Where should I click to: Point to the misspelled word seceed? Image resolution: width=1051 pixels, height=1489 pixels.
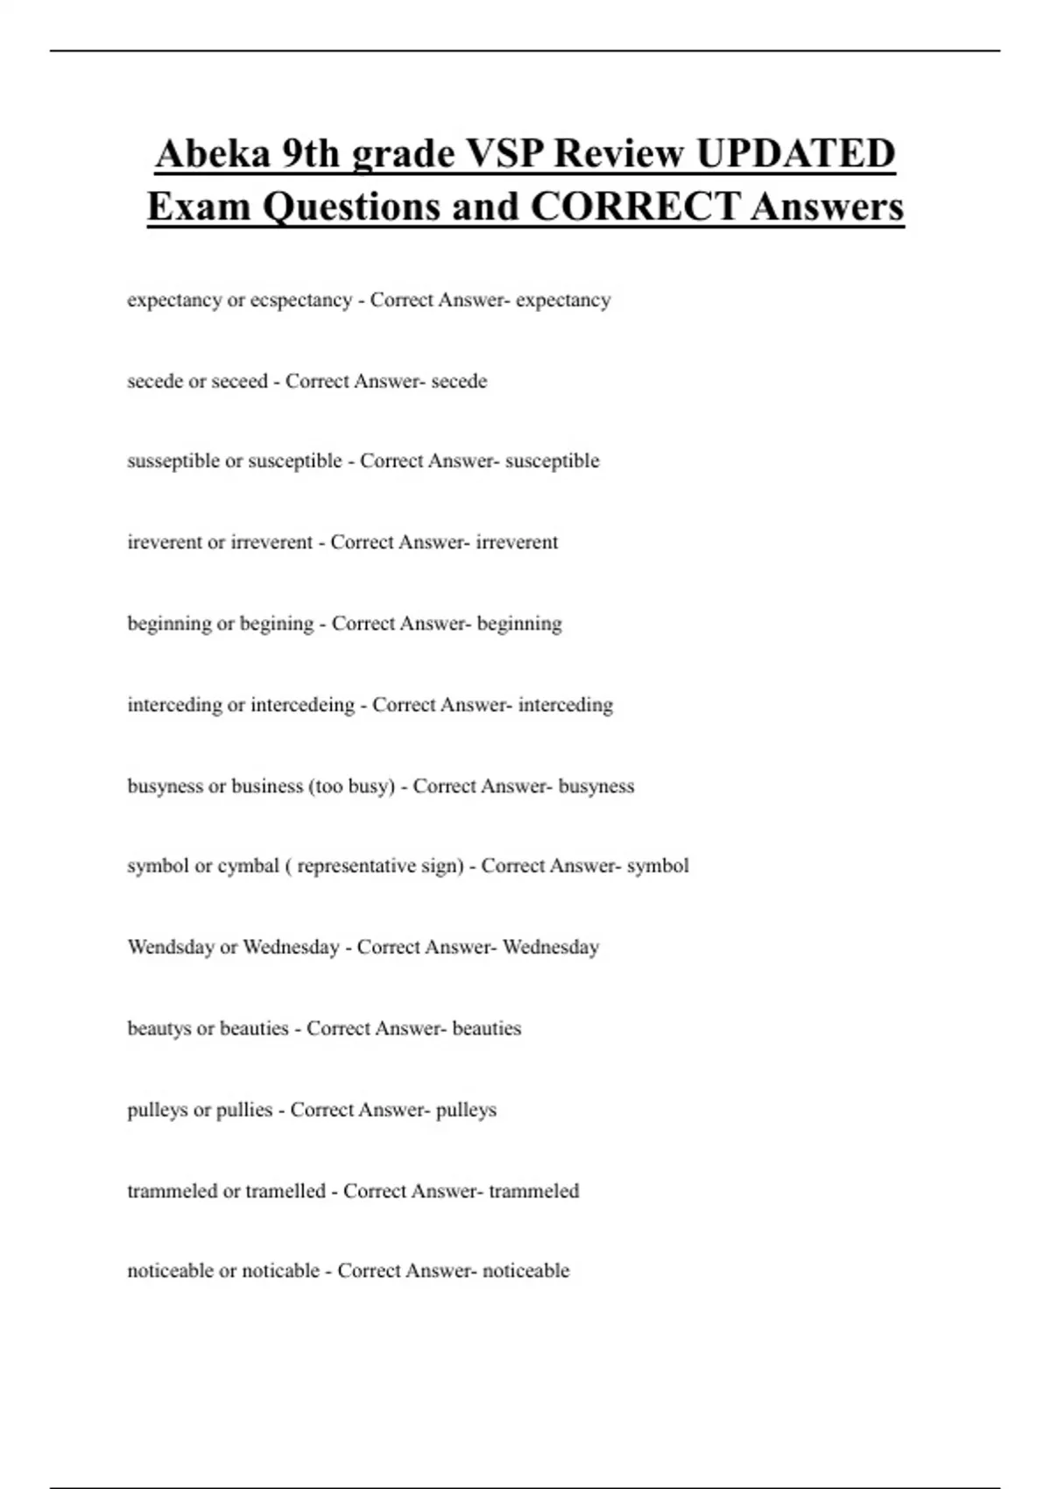pos(234,382)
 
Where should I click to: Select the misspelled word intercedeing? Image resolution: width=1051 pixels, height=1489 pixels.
pos(303,705)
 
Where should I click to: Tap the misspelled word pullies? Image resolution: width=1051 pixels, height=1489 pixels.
pos(244,1111)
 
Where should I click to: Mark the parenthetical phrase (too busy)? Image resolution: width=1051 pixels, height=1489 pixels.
pos(351,787)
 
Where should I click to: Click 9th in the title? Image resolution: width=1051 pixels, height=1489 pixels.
pos(311,154)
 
